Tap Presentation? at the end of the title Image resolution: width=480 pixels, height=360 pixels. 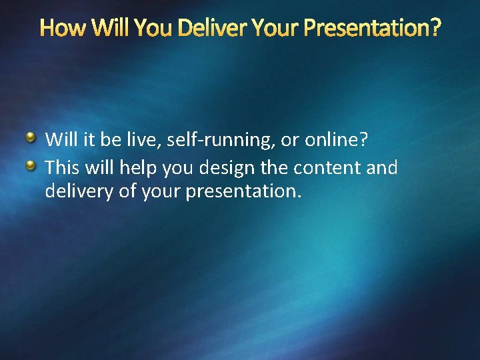click(x=372, y=29)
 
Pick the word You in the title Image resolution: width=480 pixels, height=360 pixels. click(x=153, y=29)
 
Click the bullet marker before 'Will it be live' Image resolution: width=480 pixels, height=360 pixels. click(x=31, y=138)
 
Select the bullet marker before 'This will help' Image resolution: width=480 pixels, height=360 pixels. click(x=31, y=165)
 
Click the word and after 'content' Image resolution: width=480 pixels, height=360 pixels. click(x=382, y=167)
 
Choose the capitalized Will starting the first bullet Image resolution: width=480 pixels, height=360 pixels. click(x=59, y=140)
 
